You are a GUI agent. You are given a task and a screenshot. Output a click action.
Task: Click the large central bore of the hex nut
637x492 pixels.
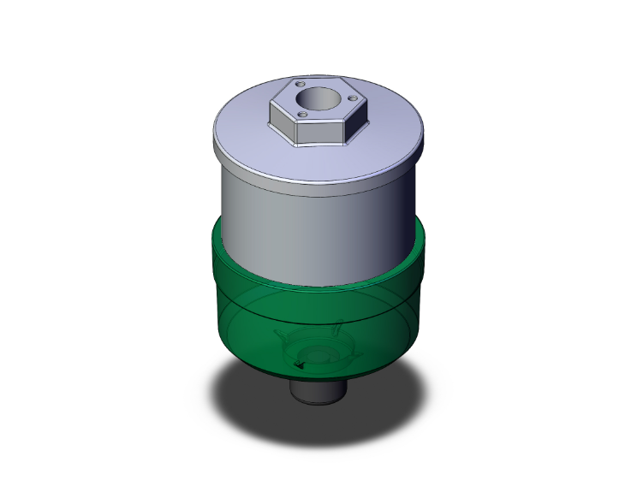coord(319,97)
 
